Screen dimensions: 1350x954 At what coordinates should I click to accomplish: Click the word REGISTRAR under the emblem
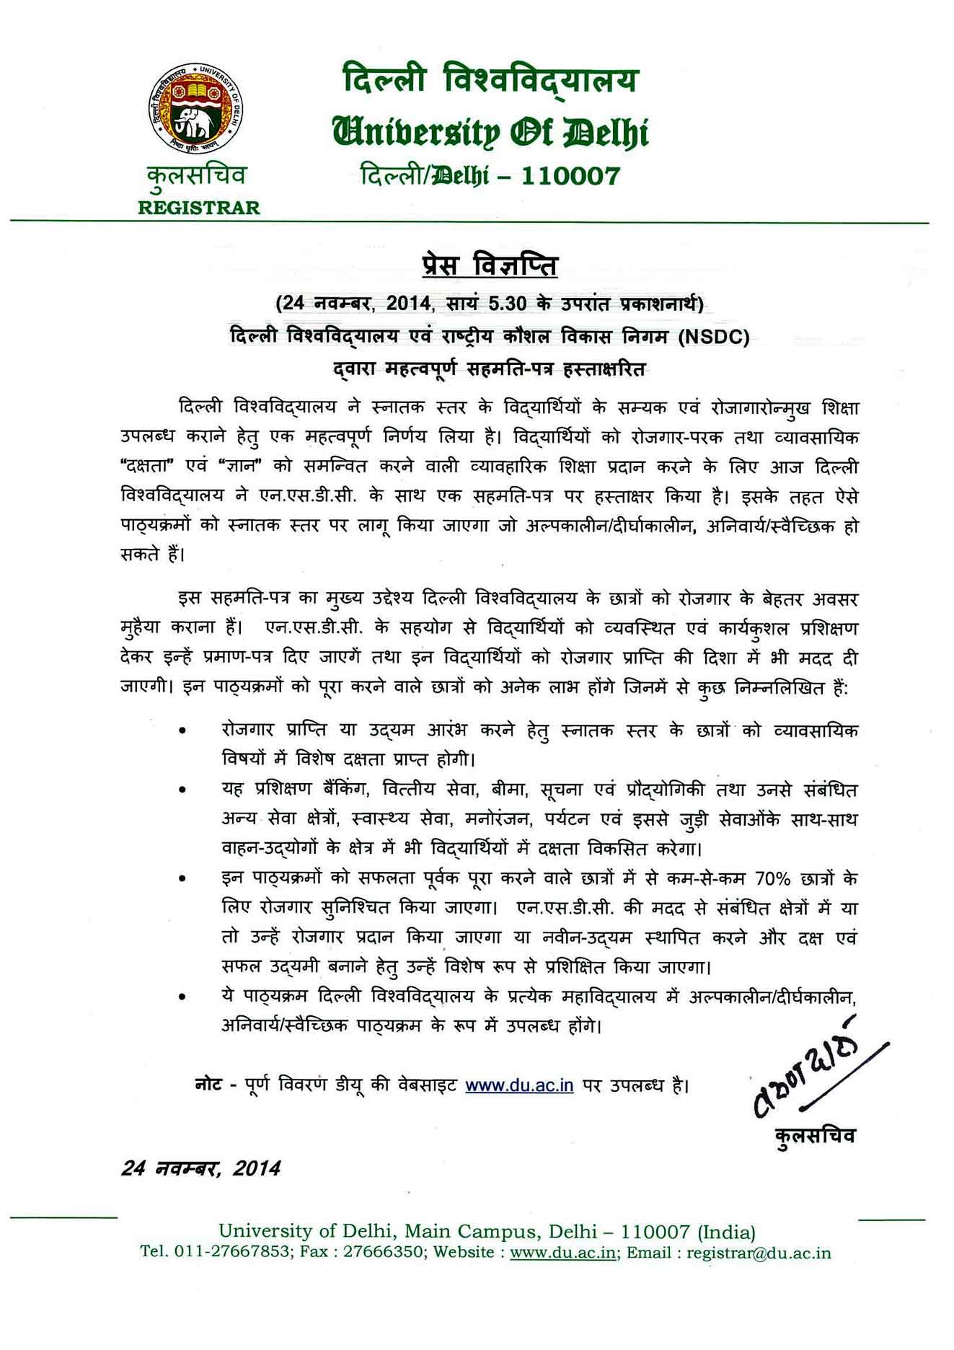198,208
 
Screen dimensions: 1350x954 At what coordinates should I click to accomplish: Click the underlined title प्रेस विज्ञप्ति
489,265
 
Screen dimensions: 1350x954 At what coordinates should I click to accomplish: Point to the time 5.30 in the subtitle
508,303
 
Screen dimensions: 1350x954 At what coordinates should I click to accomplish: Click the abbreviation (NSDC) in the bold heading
714,336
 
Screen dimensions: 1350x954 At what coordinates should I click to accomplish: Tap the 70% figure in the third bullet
773,878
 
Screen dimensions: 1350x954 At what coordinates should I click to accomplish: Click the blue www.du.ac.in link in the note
519,1085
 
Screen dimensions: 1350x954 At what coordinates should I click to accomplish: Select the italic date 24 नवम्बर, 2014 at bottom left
200,1168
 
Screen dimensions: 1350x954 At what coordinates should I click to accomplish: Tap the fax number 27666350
383,1252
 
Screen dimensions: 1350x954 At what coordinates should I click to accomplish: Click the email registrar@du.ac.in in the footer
759,1252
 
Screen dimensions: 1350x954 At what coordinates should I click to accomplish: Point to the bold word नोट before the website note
208,1085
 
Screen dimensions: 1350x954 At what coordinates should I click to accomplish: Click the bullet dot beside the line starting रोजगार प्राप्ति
183,731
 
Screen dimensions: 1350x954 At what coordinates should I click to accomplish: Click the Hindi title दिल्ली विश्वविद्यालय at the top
490,80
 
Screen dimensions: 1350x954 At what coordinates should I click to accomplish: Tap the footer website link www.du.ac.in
562,1252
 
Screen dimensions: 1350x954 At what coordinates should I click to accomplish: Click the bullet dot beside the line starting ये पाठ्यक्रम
183,997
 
